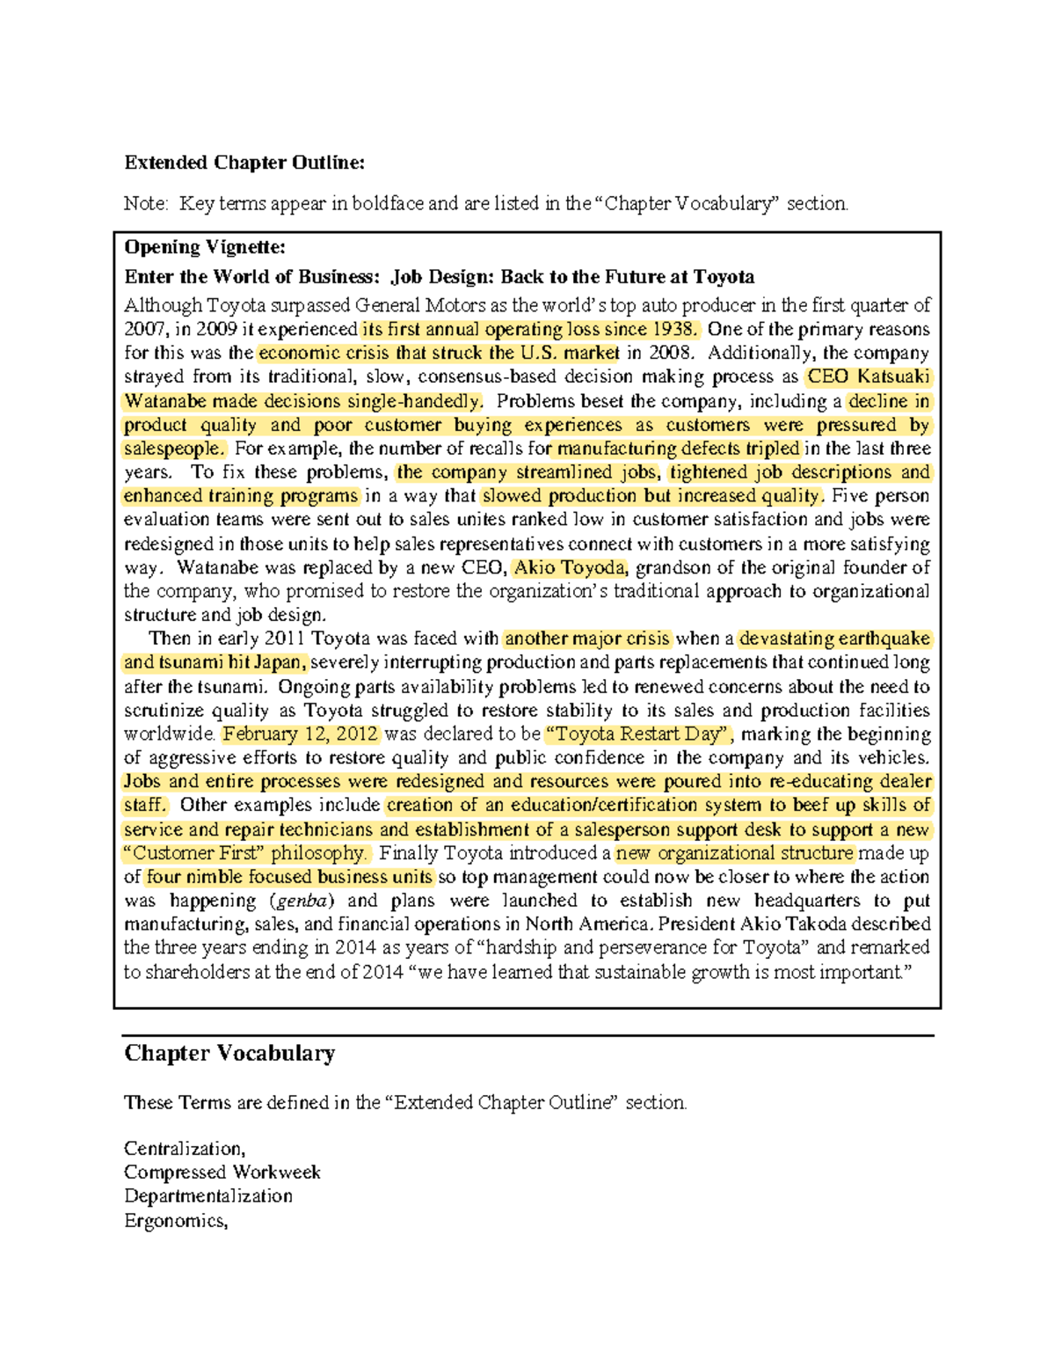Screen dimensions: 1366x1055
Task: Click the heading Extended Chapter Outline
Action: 244,163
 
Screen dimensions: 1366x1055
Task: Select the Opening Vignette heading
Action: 205,247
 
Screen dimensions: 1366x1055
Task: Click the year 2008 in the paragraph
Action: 670,354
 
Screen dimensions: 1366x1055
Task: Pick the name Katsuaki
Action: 893,377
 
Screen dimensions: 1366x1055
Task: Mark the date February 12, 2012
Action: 301,734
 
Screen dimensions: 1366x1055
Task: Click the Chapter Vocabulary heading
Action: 229,1054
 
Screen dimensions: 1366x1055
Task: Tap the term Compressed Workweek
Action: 222,1172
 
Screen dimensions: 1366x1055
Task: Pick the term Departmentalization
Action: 208,1196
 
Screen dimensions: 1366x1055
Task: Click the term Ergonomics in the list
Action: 175,1221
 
